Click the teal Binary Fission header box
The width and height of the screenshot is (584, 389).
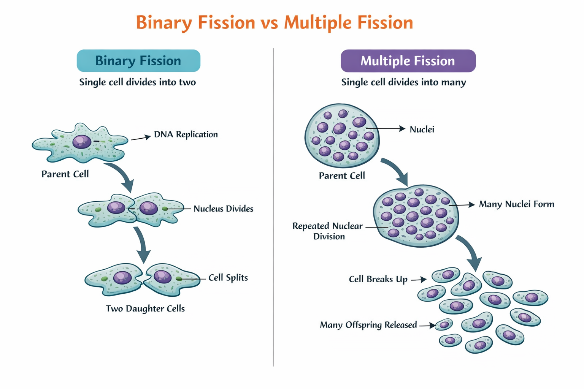138,61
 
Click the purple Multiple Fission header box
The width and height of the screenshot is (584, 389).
408,61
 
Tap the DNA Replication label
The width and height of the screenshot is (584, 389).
186,134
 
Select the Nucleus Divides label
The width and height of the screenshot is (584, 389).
223,209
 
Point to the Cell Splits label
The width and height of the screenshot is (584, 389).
228,278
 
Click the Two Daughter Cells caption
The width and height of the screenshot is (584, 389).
145,308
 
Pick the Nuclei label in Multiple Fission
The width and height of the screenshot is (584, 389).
422,130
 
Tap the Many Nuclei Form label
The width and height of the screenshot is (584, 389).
516,204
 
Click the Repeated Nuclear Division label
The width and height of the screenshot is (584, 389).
328,231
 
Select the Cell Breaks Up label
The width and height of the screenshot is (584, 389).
378,279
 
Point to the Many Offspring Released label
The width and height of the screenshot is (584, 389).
368,325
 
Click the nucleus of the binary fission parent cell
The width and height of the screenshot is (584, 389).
82,141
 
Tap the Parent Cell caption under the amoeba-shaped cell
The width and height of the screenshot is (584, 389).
65,174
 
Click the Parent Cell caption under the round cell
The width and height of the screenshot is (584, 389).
342,176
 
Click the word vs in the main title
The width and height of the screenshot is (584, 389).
269,22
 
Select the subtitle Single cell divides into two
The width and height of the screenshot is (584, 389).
137,82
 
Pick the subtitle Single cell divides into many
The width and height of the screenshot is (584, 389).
403,82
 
